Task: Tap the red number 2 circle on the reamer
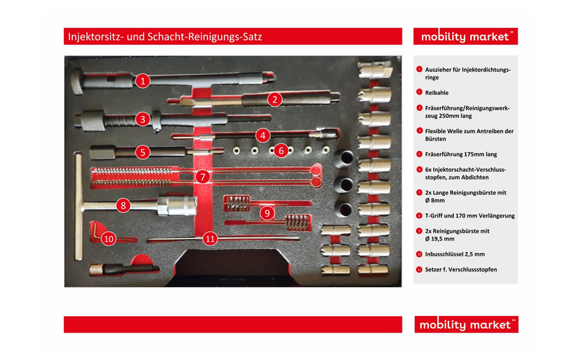click(274, 99)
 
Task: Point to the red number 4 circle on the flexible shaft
click(264, 135)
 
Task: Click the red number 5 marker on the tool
click(143, 152)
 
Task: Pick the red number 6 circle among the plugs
click(282, 150)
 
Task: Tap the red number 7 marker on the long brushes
click(204, 176)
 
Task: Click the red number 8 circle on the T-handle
click(124, 205)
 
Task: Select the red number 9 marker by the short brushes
click(266, 212)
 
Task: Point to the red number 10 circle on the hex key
click(109, 238)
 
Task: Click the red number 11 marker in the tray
click(210, 238)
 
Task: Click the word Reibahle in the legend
click(437, 92)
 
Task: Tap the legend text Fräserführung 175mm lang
click(461, 153)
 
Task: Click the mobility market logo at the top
click(466, 36)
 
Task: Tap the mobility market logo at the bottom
click(466, 325)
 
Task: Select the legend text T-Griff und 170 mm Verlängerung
click(469, 215)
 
